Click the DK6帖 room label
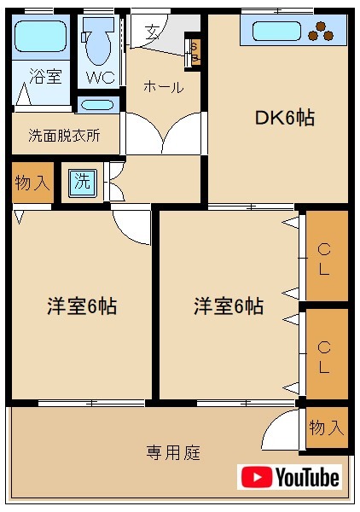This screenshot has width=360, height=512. (285, 119)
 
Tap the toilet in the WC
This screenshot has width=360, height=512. (100, 44)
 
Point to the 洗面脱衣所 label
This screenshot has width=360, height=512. (64, 135)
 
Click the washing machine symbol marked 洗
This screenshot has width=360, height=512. (83, 183)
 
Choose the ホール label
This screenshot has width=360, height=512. (162, 86)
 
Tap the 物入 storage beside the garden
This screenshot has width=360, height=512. (327, 428)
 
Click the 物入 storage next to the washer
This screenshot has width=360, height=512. (32, 183)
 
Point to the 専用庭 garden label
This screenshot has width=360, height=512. (173, 452)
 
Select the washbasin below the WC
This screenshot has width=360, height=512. (99, 106)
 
